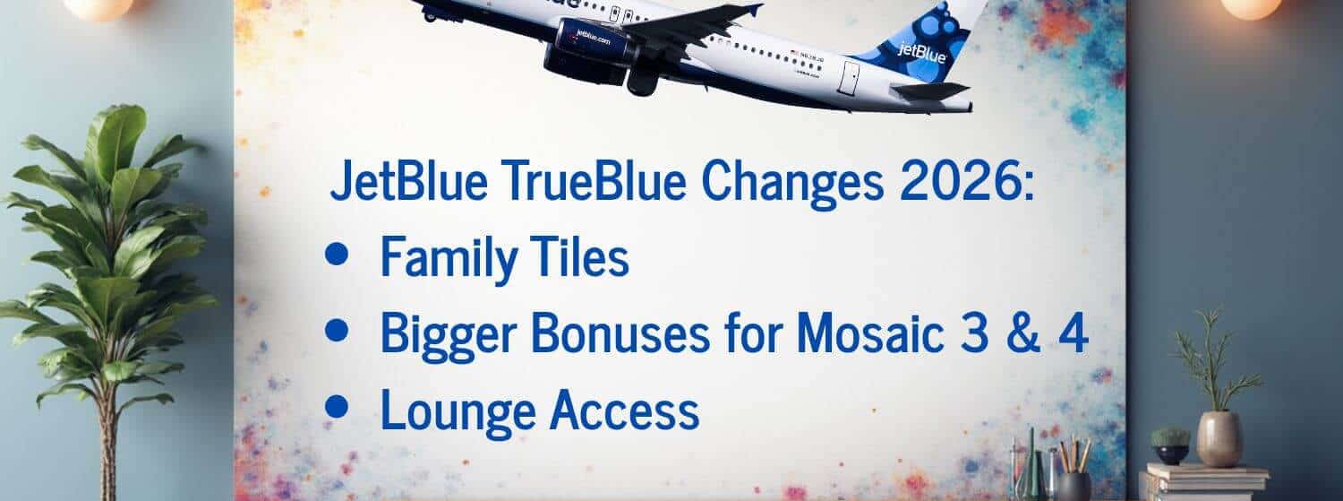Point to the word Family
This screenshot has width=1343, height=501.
[x=449, y=258]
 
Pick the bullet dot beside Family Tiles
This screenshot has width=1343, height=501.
[x=337, y=255]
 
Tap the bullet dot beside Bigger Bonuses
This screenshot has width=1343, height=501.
[x=337, y=331]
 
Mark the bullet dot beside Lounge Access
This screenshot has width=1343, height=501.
[x=337, y=408]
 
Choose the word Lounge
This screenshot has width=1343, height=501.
[x=458, y=411]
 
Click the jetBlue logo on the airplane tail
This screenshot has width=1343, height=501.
[x=921, y=52]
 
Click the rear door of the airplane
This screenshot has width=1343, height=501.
[x=849, y=77]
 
